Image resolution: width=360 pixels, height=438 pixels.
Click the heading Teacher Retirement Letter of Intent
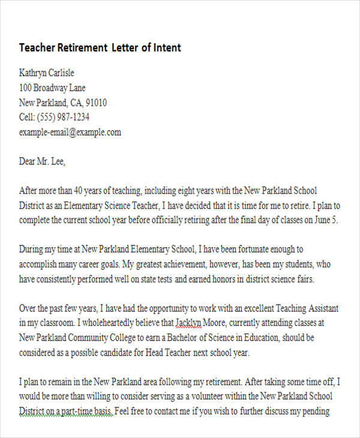pos(100,47)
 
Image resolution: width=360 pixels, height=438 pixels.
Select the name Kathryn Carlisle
pos(47,73)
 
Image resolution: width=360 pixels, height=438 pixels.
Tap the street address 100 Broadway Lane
pos(52,88)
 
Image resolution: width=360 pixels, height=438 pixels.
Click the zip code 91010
pos(96,103)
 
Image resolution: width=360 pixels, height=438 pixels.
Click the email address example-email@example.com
pos(70,132)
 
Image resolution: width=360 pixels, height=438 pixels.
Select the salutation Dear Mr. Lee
pos(42,161)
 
